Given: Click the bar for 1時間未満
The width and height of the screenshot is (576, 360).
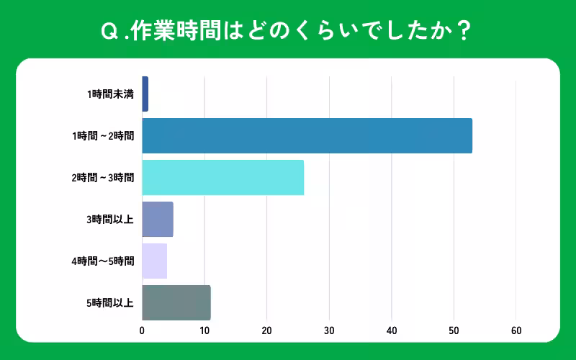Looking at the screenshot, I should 145,94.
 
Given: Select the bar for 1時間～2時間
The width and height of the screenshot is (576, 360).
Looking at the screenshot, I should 307,135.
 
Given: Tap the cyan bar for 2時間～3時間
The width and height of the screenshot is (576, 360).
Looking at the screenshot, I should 223,177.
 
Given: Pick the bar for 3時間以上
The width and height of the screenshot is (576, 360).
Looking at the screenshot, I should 158,220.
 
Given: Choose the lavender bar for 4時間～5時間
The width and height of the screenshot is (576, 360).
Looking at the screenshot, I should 155,261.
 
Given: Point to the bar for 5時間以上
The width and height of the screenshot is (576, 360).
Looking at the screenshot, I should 176,302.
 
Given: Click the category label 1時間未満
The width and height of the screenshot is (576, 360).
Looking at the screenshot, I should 110,94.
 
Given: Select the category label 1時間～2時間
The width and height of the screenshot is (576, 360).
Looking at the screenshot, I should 103,136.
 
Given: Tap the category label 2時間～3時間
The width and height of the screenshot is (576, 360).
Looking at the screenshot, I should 103,178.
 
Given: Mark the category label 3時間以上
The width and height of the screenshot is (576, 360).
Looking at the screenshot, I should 110,220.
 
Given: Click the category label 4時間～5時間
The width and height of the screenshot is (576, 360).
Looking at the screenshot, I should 103,261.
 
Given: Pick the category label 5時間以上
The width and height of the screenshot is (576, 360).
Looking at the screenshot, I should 110,303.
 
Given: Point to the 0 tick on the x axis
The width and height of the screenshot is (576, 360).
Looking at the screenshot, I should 143,331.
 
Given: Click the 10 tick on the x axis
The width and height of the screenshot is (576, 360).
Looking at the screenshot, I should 204,331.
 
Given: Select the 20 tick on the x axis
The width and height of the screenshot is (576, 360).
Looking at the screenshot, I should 267,331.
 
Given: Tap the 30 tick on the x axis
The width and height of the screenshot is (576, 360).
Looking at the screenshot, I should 329,331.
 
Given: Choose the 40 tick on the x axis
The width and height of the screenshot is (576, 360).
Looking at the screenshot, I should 392,331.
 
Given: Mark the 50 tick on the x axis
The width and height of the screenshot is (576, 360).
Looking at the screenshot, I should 454,331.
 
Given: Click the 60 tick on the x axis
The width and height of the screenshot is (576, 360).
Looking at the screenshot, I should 516,331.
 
